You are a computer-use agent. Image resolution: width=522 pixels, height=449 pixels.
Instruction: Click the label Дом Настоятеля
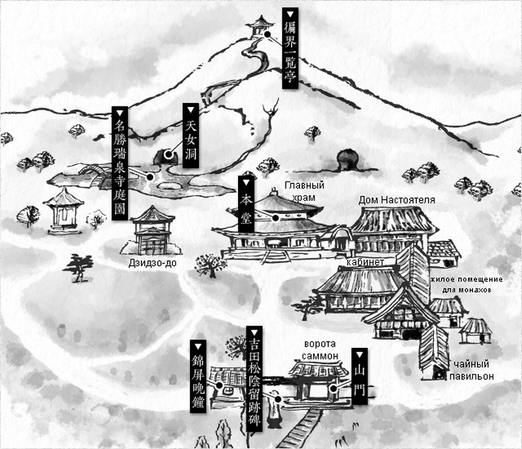pyautogui.click(x=397, y=200)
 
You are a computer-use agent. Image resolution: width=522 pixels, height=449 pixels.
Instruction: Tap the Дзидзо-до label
pyautogui.click(x=153, y=263)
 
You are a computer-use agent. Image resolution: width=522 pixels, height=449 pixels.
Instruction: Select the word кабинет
pyautogui.click(x=365, y=262)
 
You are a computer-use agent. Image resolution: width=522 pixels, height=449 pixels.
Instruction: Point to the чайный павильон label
pyautogui.click(x=471, y=370)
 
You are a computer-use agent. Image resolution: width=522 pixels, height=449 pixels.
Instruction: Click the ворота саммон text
pyautogui.click(x=320, y=350)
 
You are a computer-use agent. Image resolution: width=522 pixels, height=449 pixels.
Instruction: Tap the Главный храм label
pyautogui.click(x=304, y=191)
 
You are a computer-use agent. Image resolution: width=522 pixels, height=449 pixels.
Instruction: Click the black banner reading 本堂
pyautogui.click(x=247, y=204)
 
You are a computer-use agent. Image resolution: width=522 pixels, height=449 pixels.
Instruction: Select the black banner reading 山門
pyautogui.click(x=360, y=376)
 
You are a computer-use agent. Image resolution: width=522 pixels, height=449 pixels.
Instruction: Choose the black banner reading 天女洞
pyautogui.click(x=191, y=136)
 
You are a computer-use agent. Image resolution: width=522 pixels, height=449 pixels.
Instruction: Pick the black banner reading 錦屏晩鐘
pyautogui.click(x=198, y=377)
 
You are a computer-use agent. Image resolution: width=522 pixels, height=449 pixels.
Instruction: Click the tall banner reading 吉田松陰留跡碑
pyautogui.click(x=254, y=379)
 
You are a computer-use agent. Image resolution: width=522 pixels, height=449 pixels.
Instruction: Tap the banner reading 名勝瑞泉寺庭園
pyautogui.click(x=119, y=163)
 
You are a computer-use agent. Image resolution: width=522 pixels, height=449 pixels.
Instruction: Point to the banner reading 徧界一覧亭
pyautogui.click(x=290, y=48)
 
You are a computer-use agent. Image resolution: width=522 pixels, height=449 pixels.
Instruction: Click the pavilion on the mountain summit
pyautogui.click(x=259, y=27)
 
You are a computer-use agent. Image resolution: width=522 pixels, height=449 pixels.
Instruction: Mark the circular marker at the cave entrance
pyautogui.click(x=168, y=155)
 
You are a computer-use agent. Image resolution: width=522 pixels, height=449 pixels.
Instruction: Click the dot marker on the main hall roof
pyautogui.click(x=275, y=218)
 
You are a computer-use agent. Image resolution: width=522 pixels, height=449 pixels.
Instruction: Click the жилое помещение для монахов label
pyautogui.click(x=467, y=285)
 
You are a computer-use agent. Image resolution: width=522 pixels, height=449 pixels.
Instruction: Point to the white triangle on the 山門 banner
pyautogui.click(x=360, y=353)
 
